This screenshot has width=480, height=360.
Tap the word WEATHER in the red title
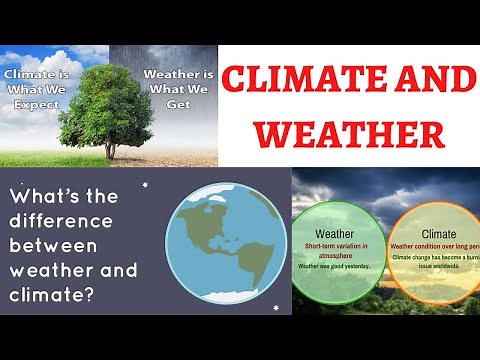(x=349, y=133)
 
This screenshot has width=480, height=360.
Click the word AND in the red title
(x=420, y=80)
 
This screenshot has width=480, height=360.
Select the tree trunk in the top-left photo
(x=110, y=146)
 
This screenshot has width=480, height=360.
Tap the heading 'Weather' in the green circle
(x=335, y=231)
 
